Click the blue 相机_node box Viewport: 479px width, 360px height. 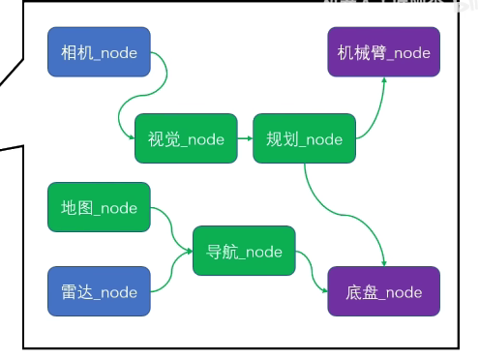99,52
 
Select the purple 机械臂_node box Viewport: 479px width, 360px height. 383,52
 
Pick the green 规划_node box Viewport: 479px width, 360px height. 304,138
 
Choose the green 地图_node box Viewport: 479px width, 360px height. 99,207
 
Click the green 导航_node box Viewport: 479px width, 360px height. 244,252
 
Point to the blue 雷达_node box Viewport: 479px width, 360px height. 99,291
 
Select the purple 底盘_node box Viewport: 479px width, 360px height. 383,291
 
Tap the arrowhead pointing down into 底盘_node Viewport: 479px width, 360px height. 384,262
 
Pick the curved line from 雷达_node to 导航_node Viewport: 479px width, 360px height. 171,276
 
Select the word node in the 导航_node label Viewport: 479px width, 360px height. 262,252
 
